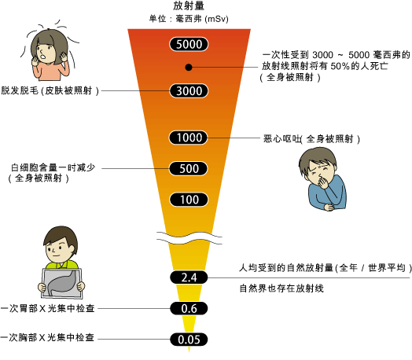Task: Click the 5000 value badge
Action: click(x=189, y=44)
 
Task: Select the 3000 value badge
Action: click(x=189, y=91)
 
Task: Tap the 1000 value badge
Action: click(x=189, y=138)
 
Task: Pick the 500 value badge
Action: click(x=189, y=168)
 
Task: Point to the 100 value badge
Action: click(x=189, y=200)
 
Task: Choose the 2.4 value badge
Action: click(x=189, y=277)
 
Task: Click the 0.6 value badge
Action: click(x=189, y=308)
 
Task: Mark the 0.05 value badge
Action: click(x=189, y=340)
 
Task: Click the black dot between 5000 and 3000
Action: click(x=189, y=68)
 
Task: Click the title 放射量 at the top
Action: click(x=189, y=6)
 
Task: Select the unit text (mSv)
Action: click(x=216, y=19)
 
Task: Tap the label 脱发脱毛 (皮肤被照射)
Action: click(x=50, y=90)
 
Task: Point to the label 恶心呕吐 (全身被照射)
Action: click(x=311, y=139)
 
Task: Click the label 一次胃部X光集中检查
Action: click(x=47, y=308)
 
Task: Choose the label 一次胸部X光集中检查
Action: click(x=47, y=337)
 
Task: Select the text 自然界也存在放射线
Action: click(x=281, y=288)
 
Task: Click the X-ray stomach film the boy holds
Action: click(x=61, y=283)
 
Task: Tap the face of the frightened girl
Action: click(x=45, y=52)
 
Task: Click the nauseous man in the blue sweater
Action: click(x=322, y=179)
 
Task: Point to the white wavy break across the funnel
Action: click(x=189, y=238)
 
